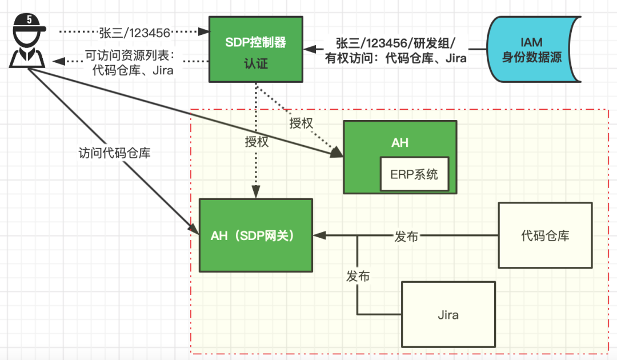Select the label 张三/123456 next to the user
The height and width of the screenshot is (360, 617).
[x=135, y=32]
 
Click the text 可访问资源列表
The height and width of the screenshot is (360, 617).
[x=133, y=57]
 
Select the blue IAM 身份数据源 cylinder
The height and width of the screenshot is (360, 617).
[x=531, y=50]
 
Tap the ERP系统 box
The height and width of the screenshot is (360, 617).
[x=414, y=174]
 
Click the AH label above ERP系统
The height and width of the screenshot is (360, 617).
[x=400, y=143]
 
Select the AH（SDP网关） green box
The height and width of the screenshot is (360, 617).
[x=255, y=235]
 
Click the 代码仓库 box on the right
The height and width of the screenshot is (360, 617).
[x=545, y=235]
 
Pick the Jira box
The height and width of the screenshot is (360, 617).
[x=448, y=315]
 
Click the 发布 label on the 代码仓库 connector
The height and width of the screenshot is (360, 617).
[x=406, y=236]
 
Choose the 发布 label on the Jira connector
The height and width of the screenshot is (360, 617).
[x=358, y=277]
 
